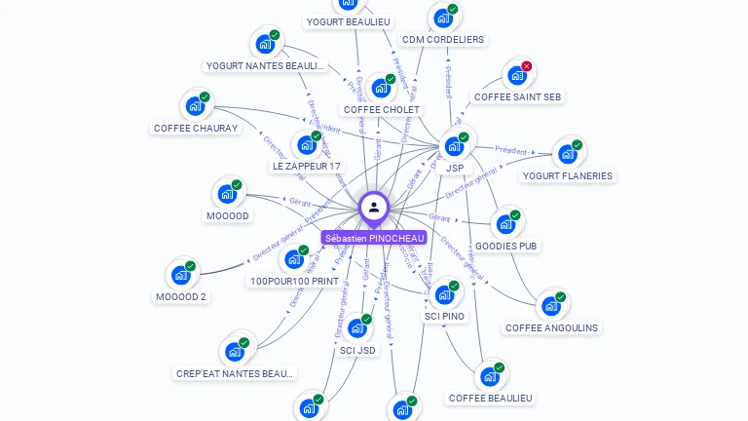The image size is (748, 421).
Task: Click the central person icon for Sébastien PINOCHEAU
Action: click(x=374, y=207)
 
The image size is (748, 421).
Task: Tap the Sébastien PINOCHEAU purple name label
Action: click(x=375, y=238)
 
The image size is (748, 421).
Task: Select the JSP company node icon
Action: click(x=453, y=146)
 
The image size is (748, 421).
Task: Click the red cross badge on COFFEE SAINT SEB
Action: click(x=527, y=66)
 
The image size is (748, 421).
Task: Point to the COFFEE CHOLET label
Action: click(x=382, y=110)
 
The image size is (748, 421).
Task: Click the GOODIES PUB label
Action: click(x=506, y=247)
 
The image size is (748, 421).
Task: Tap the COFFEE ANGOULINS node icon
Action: click(x=550, y=305)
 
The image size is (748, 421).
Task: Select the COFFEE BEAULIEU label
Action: click(x=491, y=398)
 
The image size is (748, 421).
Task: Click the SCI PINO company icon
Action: click(x=444, y=294)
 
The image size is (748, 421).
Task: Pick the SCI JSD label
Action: click(x=357, y=351)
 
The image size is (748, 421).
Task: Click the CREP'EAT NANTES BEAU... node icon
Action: click(x=234, y=352)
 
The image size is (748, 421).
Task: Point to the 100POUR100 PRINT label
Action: click(x=294, y=282)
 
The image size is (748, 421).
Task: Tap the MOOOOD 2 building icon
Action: click(x=180, y=275)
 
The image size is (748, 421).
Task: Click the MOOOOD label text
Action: click(x=227, y=215)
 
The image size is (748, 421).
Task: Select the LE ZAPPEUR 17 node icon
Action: click(x=307, y=145)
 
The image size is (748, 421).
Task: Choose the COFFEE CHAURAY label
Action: click(x=196, y=128)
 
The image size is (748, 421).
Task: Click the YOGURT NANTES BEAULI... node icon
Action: click(x=265, y=44)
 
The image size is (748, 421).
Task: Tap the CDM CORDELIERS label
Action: click(x=443, y=40)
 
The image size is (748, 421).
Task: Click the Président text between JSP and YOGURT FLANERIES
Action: click(x=512, y=150)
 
